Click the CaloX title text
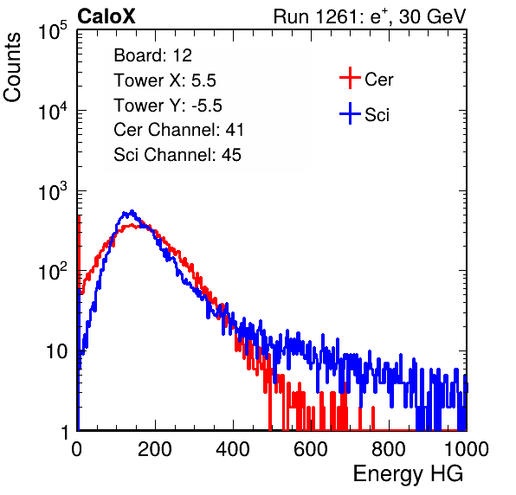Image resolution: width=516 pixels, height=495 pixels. point(106,16)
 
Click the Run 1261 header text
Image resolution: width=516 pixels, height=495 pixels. point(370,16)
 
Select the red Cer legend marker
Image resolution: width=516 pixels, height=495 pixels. point(350,78)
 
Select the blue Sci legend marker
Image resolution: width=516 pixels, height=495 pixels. point(350,114)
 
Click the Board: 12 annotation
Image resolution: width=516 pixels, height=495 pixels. point(152,55)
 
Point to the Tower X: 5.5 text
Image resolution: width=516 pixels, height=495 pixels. point(164,80)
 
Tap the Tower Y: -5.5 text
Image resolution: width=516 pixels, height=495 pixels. point(168,106)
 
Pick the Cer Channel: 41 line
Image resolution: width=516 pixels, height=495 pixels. point(178,130)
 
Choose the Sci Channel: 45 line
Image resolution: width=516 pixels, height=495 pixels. point(177,155)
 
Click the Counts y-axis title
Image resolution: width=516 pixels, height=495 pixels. point(12,67)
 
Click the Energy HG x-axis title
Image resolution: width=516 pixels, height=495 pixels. point(408,474)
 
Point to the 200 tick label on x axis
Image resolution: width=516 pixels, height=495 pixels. point(155,449)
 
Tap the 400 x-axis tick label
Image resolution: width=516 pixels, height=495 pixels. point(233,449)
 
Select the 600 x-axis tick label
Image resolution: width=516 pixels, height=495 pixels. point(311,449)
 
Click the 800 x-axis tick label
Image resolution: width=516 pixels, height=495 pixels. point(389,449)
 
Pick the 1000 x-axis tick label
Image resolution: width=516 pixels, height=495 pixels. point(467,449)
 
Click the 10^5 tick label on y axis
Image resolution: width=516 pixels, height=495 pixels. point(53,30)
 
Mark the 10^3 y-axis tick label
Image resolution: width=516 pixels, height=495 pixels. point(53,191)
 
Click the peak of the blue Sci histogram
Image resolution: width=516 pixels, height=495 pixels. point(132,211)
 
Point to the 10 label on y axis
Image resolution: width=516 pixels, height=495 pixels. point(56,351)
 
